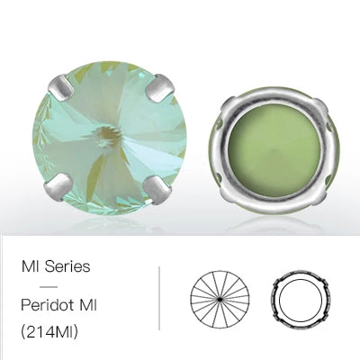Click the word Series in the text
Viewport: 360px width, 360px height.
pyautogui.click(x=67, y=266)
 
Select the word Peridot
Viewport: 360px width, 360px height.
pyautogui.click(x=47, y=305)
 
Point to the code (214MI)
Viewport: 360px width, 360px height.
pyautogui.click(x=49, y=331)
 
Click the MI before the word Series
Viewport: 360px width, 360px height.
pyautogui.click(x=31, y=266)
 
